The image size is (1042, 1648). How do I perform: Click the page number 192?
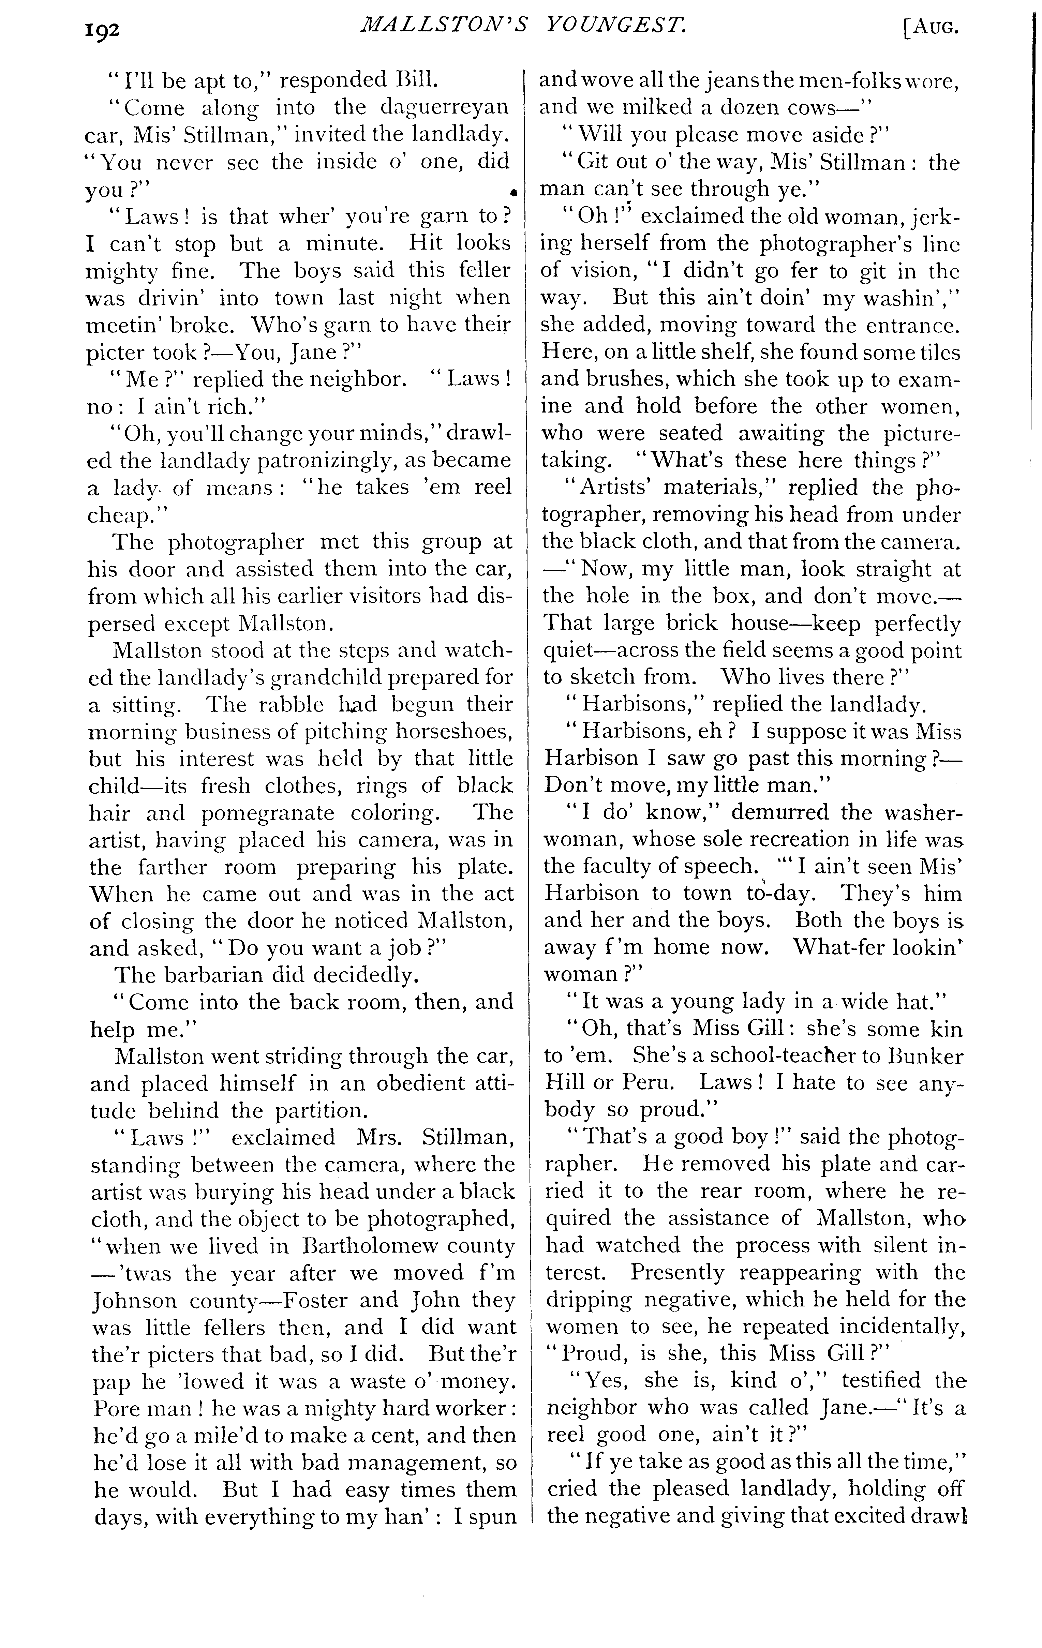(x=103, y=31)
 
